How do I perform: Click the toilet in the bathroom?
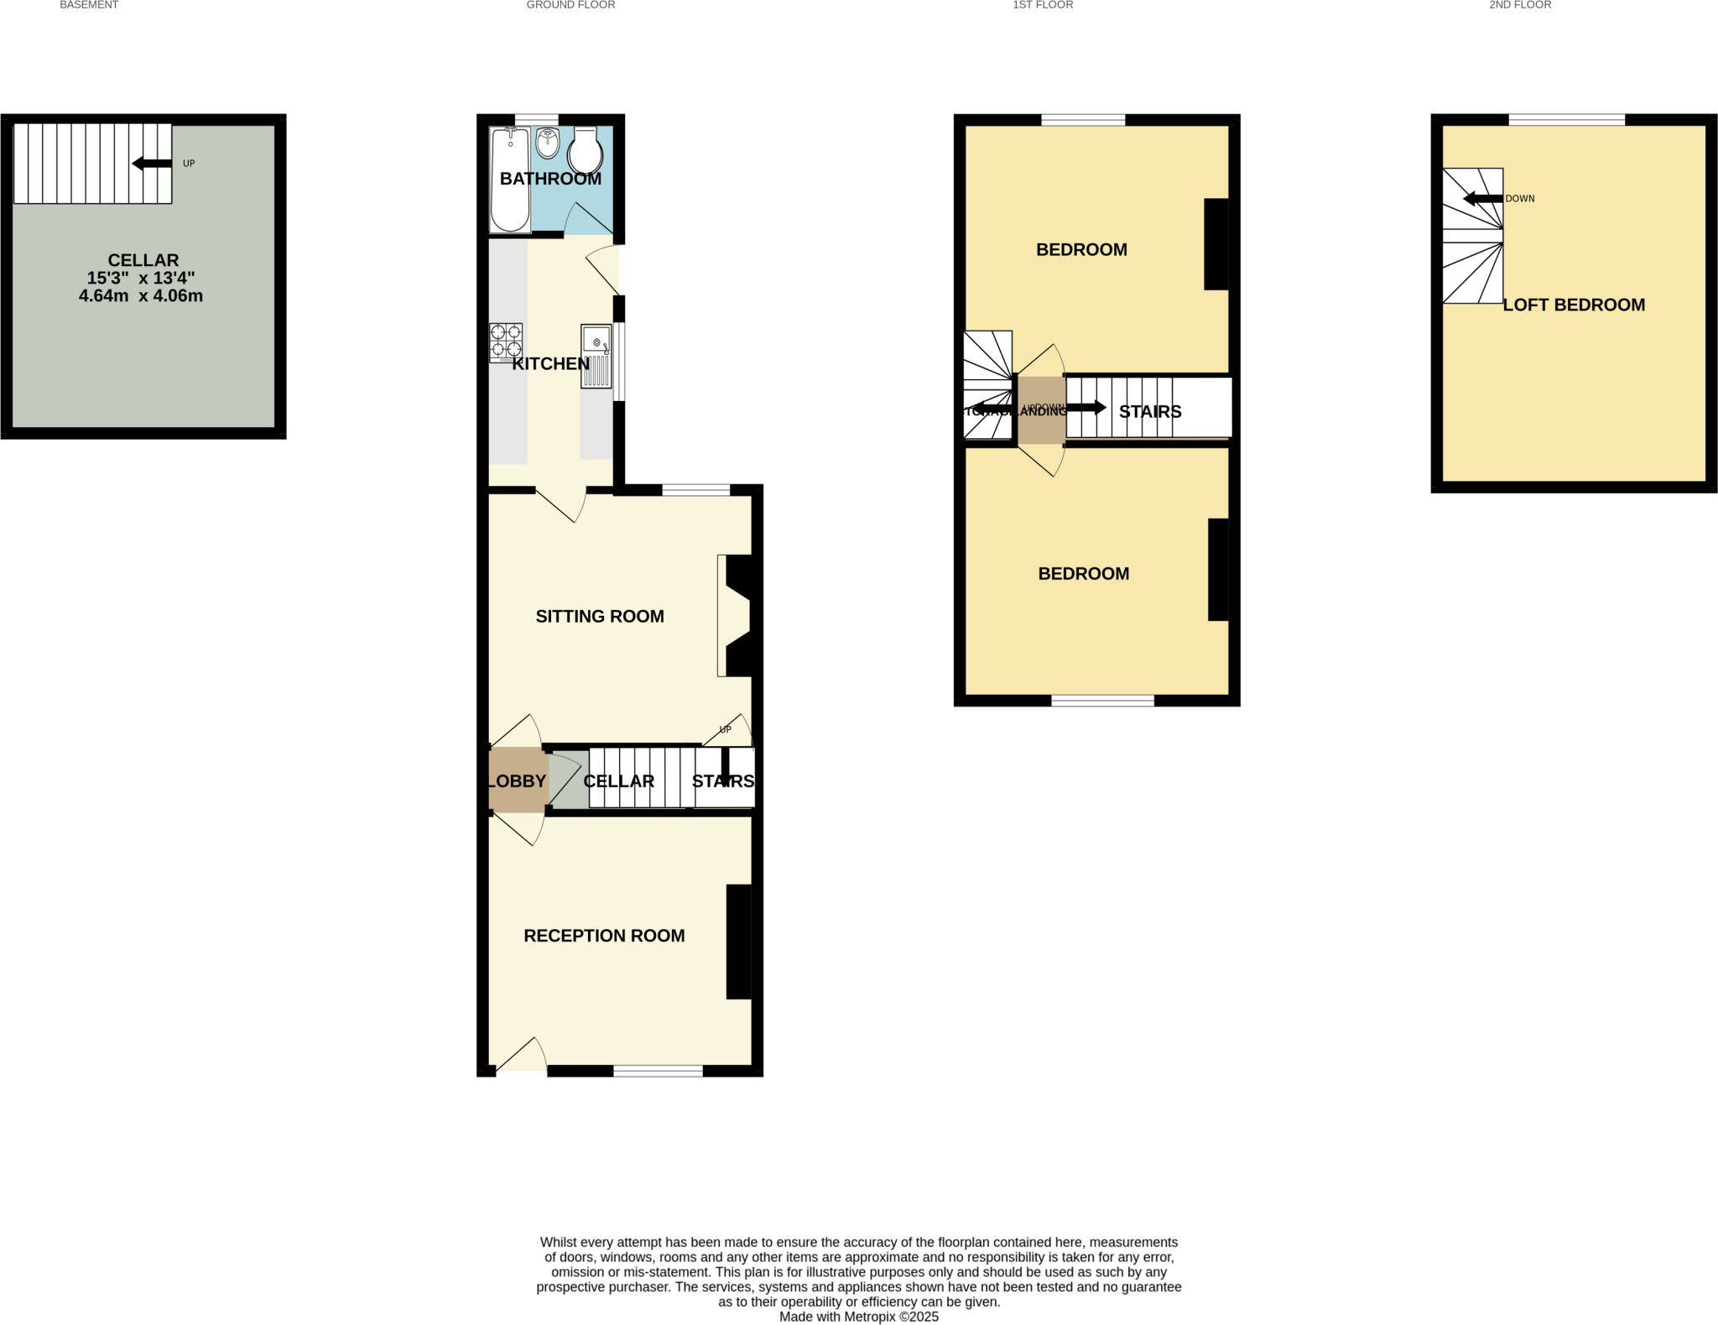[586, 153]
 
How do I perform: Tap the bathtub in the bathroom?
[510, 179]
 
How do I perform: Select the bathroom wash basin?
[547, 143]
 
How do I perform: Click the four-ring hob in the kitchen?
[506, 342]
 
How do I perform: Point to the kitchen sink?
[596, 356]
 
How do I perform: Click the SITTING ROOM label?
[600, 616]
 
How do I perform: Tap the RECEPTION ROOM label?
[604, 936]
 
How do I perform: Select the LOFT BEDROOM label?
[1574, 305]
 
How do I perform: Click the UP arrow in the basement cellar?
[152, 164]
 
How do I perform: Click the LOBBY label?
[517, 781]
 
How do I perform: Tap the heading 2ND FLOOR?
[1520, 5]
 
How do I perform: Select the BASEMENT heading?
[89, 5]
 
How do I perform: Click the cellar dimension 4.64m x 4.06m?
[141, 295]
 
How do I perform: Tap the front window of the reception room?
[658, 1071]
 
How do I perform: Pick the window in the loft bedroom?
[1566, 120]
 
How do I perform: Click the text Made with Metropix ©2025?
[859, 1317]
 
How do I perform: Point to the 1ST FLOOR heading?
[1043, 5]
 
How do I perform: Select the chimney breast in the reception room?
[738, 942]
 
